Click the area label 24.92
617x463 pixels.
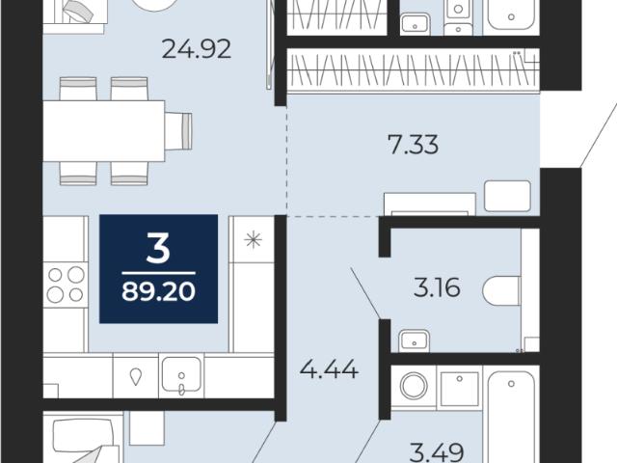[197, 49]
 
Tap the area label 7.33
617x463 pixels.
[413, 144]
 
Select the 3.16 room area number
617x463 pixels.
[437, 287]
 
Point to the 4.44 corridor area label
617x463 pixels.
[329, 369]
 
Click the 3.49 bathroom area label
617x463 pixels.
[437, 452]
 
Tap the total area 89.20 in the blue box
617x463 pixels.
[158, 291]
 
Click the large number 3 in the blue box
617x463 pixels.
[158, 247]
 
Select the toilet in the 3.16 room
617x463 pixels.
[502, 290]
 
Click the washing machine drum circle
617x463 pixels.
[414, 386]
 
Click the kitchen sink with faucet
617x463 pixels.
[181, 375]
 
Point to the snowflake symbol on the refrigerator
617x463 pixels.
[253, 239]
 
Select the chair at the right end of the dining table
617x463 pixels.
[178, 131]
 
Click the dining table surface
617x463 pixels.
[103, 131]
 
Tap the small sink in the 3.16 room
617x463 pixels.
[414, 340]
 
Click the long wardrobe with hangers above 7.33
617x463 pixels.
[414, 70]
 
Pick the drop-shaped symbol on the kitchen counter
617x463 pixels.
[136, 376]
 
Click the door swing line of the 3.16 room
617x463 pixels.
[365, 292]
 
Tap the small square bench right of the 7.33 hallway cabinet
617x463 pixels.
[508, 196]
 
